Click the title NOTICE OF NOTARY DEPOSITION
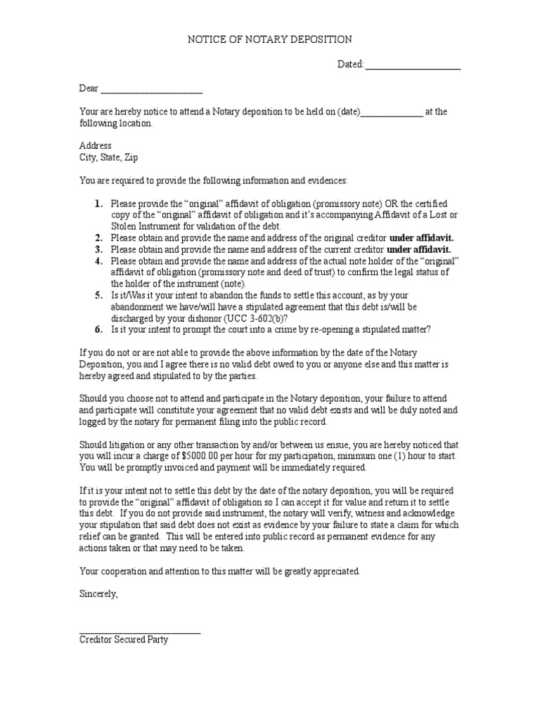coord(269,40)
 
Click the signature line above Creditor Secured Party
coord(139,633)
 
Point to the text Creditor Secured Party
coord(123,640)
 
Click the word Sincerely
coord(98,594)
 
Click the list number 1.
coord(98,203)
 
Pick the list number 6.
coord(98,329)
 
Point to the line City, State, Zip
coord(108,158)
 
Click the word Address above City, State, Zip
coord(95,146)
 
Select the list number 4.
coord(98,261)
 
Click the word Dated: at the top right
coord(351,65)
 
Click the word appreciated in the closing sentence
coord(336,572)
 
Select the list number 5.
coord(98,296)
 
